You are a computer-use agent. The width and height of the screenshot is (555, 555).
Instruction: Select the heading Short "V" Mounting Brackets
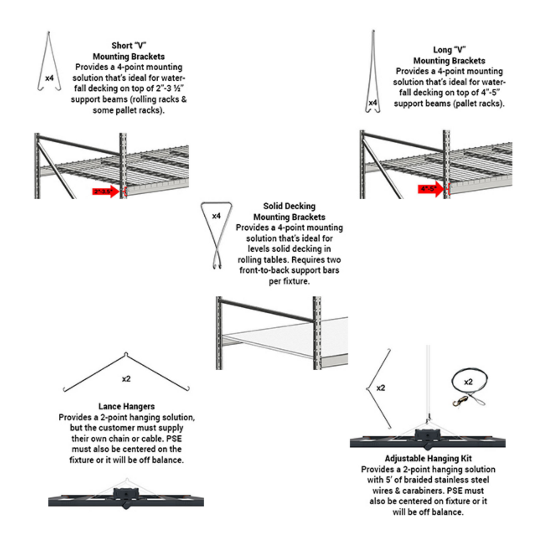(x=129, y=51)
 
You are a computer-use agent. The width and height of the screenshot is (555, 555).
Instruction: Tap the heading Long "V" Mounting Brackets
(x=449, y=55)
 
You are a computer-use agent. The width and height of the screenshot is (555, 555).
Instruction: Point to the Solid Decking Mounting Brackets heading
(x=289, y=212)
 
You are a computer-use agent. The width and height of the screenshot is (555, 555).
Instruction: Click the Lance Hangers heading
(x=126, y=406)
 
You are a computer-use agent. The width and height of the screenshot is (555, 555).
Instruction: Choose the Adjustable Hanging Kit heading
(x=428, y=458)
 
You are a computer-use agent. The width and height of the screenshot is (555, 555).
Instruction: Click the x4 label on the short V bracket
(x=49, y=78)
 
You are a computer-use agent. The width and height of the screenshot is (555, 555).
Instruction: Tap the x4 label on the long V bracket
(x=373, y=103)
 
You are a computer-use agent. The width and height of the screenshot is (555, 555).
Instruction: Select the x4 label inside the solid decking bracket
(x=216, y=216)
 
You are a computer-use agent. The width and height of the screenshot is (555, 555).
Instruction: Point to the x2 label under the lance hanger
(x=126, y=379)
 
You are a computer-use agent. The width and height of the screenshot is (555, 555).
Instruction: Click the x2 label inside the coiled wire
(x=468, y=382)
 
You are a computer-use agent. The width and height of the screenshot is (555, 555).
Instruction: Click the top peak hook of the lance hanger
(x=126, y=354)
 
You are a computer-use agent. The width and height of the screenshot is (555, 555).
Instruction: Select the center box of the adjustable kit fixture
(x=427, y=436)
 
